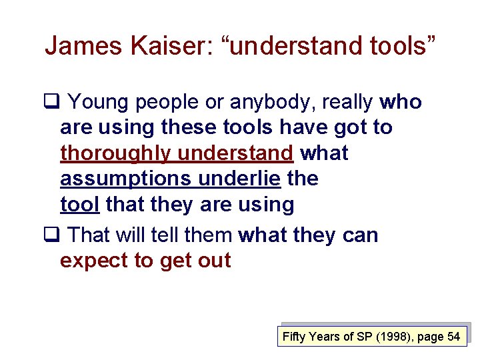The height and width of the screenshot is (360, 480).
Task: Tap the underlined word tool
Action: pos(79,205)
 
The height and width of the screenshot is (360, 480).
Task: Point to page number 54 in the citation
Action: pos(453,337)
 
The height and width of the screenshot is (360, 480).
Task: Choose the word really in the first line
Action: pos(347,102)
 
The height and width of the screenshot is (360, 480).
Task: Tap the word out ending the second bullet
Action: pos(213,260)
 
